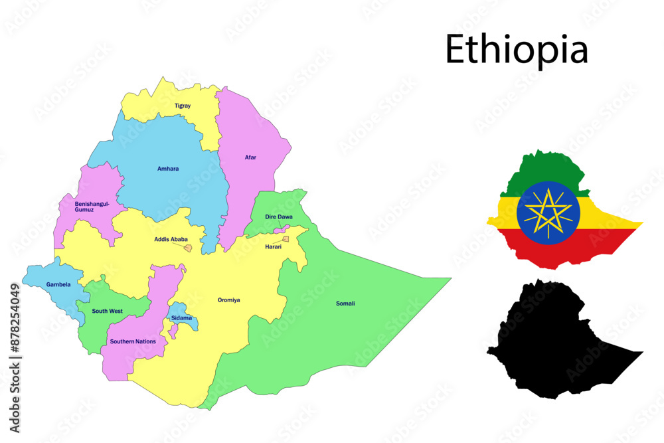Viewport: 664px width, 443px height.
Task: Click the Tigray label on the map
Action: point(183,106)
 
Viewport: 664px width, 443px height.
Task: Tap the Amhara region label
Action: point(168,169)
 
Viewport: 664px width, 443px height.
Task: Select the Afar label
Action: point(250,157)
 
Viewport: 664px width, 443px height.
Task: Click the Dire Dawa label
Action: point(279,217)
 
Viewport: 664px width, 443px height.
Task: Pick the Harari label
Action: point(273,246)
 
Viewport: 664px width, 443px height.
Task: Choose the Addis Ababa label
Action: point(171,239)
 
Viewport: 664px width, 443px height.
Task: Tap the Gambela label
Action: point(58,284)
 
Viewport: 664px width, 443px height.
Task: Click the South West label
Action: point(107,311)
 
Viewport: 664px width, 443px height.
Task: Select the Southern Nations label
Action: point(133,341)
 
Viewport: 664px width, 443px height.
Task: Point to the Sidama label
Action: point(181,318)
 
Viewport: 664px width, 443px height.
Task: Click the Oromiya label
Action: point(229,300)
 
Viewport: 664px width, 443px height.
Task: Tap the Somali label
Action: point(345,304)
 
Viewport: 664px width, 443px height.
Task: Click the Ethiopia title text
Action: point(517,49)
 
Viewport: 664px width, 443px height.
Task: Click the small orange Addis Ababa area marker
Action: point(188,248)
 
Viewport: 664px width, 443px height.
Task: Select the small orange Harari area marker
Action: point(286,239)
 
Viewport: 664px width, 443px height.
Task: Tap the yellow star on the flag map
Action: point(548,213)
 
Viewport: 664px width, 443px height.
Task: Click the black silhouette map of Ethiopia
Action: point(551,342)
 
